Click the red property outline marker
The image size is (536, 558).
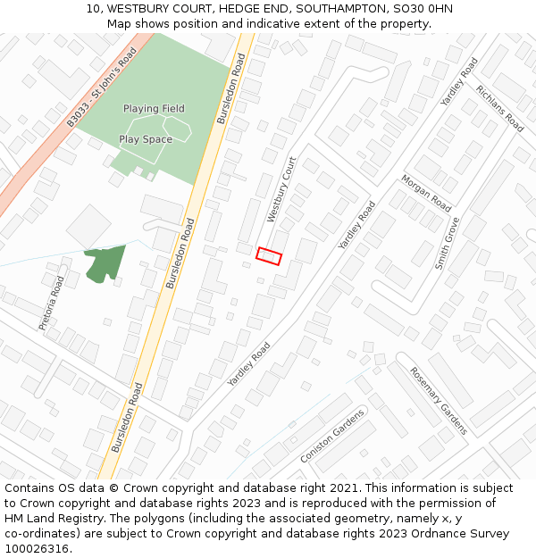point(269,256)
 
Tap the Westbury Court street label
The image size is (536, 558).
point(281,190)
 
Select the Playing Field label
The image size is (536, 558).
point(154,109)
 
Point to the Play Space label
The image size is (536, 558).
point(146,139)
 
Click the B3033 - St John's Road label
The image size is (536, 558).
point(101,87)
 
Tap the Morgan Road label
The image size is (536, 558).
point(426,192)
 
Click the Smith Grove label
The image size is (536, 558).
point(447,243)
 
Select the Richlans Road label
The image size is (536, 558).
point(499,109)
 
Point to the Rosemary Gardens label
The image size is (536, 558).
point(439,401)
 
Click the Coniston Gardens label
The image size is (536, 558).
point(332,437)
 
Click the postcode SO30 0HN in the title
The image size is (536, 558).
point(423,9)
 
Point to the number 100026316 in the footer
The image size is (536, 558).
point(38,549)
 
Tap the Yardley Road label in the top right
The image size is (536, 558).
point(459,83)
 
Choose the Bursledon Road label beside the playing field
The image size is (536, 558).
point(231,88)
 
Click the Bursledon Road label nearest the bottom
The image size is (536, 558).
point(128,417)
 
